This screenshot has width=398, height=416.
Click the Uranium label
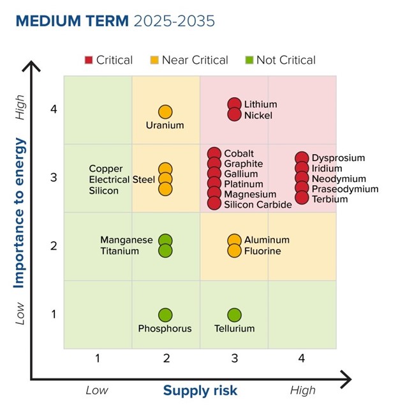[x=165, y=125]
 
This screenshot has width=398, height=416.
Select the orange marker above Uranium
[x=165, y=112]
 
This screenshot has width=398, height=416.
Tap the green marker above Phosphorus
[x=165, y=315]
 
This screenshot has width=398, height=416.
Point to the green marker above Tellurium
[x=234, y=315]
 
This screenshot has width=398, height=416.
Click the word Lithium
[x=260, y=104]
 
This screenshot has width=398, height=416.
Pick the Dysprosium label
[x=338, y=158]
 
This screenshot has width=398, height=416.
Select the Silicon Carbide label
[x=258, y=204]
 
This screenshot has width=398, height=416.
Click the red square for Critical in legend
[x=89, y=61]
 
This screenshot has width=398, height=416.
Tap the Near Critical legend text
[x=195, y=60]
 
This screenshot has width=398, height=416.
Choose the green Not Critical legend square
[x=249, y=61]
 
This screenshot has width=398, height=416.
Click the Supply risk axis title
[x=200, y=390]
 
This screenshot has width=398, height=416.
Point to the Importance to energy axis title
[x=20, y=213]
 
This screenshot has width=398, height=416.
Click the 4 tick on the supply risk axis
[x=302, y=358]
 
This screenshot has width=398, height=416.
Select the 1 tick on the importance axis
[x=54, y=314]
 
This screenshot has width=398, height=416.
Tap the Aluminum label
[x=267, y=240]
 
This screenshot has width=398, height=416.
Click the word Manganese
[x=126, y=240]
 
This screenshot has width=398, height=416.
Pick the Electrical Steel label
[x=122, y=180]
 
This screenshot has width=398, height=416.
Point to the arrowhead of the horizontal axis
[x=346, y=380]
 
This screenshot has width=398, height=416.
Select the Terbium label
[x=330, y=199]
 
